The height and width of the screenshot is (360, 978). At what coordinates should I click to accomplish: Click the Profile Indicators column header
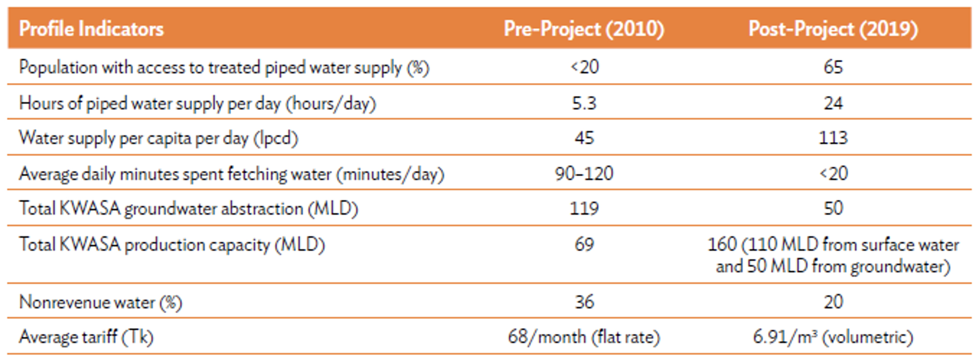click(x=91, y=29)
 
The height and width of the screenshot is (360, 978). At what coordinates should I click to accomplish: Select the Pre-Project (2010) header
click(x=584, y=29)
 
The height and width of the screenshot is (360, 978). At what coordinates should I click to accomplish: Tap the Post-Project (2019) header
click(x=833, y=29)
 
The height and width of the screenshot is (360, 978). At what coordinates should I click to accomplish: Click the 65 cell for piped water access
click(x=833, y=67)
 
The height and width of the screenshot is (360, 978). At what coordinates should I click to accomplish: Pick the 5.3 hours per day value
click(x=584, y=103)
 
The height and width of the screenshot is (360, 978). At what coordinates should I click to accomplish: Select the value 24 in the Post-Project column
click(x=833, y=103)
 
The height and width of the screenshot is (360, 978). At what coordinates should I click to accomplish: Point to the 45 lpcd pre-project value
click(x=584, y=138)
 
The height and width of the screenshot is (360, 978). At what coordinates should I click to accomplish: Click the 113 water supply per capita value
click(x=833, y=138)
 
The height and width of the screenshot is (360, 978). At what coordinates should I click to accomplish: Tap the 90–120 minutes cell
click(x=584, y=173)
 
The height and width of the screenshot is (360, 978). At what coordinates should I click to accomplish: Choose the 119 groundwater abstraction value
click(x=584, y=208)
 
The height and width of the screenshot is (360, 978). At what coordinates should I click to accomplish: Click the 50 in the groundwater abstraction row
click(x=833, y=208)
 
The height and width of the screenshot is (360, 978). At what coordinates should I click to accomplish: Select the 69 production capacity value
click(x=584, y=244)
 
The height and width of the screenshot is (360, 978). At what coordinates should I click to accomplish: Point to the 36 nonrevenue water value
click(x=584, y=302)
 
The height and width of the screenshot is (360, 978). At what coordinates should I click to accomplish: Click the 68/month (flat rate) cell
click(x=584, y=337)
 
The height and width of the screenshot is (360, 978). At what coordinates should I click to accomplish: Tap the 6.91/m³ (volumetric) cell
click(x=833, y=337)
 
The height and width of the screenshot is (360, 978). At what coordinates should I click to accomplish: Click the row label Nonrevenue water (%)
click(x=100, y=303)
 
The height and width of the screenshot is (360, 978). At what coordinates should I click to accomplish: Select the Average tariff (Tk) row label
click(x=86, y=337)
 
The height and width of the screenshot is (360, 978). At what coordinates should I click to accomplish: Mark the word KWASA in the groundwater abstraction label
click(x=89, y=208)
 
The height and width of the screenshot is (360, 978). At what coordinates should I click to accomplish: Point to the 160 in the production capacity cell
click(x=722, y=244)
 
